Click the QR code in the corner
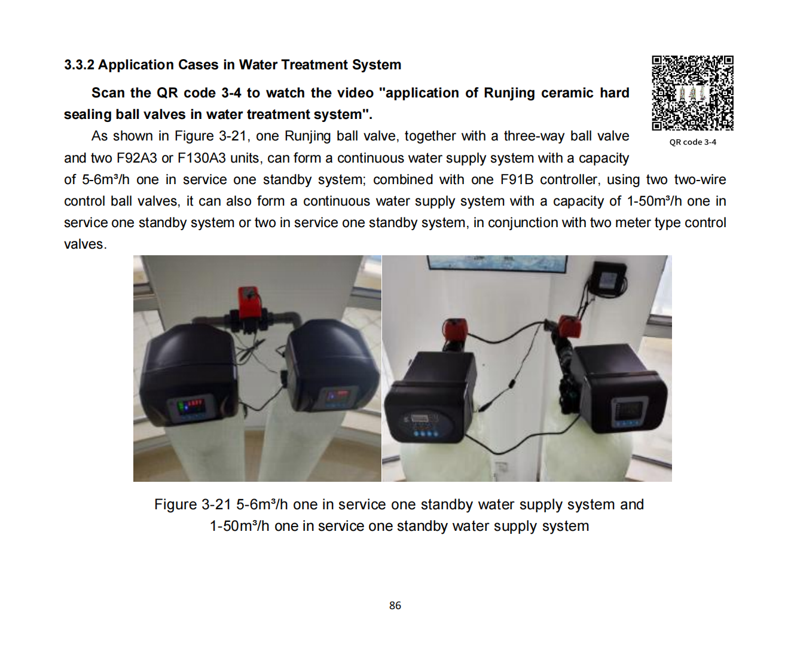point(692,93)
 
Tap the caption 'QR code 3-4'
point(693,142)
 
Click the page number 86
point(395,606)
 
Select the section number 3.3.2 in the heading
point(79,65)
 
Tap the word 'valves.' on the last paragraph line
point(85,244)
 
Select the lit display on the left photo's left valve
point(191,406)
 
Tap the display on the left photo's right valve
point(337,396)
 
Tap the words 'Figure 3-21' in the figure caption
point(193,505)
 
